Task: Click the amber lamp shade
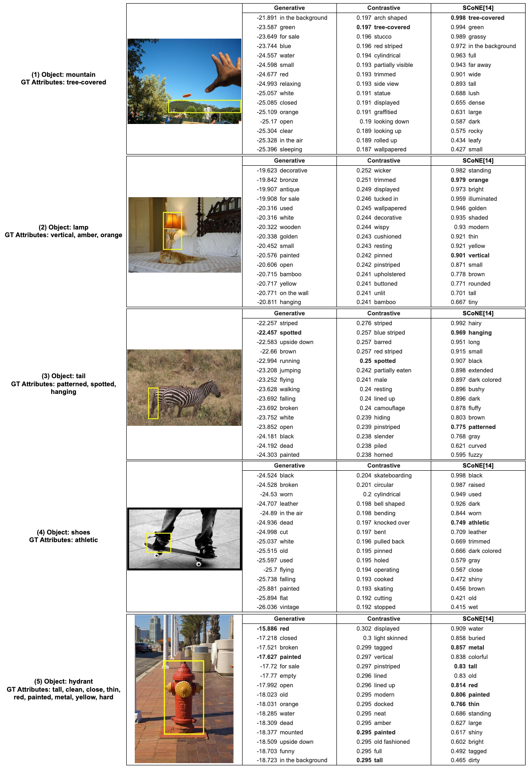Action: pos(172,221)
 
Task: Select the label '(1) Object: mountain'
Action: pos(63,75)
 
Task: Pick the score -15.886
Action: pos(267,629)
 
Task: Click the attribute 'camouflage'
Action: pos(389,408)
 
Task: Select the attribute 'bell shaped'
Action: pos(389,504)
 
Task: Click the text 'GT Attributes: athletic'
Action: pos(63,540)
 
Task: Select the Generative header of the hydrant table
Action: pos(289,619)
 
